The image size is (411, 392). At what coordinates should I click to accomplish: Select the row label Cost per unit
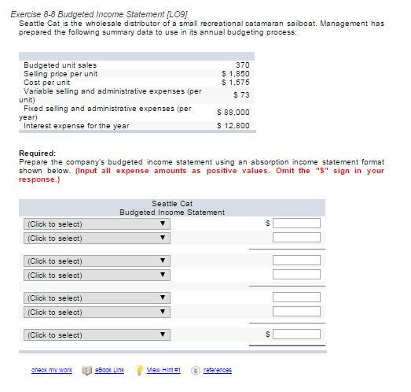[47, 81]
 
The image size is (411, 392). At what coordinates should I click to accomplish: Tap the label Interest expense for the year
[76, 125]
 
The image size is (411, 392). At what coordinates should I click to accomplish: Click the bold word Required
[36, 153]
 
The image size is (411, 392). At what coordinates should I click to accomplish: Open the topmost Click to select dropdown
[95, 224]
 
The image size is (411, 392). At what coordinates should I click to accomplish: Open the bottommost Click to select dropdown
[95, 335]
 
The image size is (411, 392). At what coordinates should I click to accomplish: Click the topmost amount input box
[296, 224]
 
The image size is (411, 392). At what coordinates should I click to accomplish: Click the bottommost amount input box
[296, 335]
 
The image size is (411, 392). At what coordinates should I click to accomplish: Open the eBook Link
[108, 370]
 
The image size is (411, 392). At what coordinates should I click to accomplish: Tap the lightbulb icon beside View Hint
[141, 370]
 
